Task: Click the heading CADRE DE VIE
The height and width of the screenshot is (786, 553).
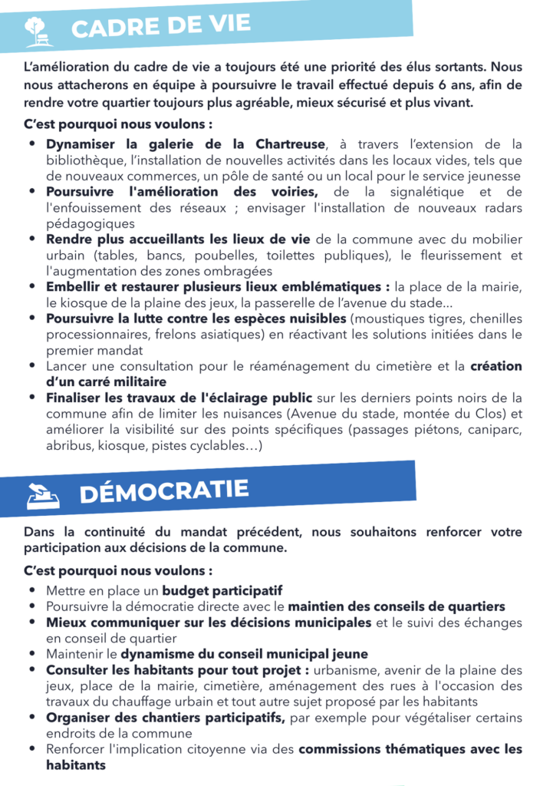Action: [160, 28]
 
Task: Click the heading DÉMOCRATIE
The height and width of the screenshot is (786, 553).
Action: [164, 492]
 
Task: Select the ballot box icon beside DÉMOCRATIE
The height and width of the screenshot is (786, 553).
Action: [43, 498]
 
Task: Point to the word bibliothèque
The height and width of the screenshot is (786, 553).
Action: [84, 160]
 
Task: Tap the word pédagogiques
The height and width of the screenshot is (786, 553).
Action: [90, 223]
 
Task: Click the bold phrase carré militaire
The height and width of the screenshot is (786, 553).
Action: [107, 381]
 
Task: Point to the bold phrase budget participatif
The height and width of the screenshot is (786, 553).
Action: [222, 591]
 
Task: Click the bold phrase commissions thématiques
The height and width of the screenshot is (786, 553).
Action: [383, 749]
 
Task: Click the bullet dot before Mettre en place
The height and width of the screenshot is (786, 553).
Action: [31, 591]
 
